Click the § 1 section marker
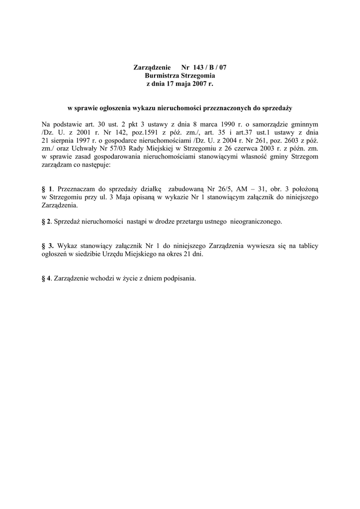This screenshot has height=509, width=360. point(47,189)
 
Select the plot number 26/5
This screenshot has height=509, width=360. point(223,189)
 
